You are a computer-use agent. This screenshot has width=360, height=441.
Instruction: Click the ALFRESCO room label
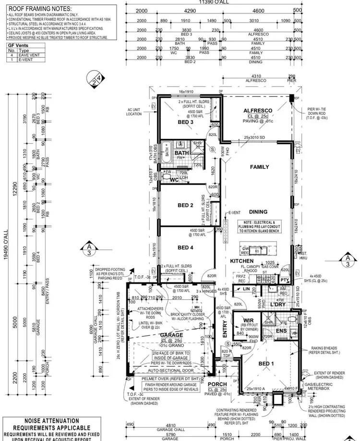click(258, 110)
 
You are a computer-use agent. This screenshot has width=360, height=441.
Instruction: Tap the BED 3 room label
click(185, 123)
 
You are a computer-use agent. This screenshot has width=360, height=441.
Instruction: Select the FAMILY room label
click(259, 167)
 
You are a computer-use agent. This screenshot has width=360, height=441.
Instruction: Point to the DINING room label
click(258, 211)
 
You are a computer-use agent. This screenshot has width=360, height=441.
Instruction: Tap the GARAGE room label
click(170, 335)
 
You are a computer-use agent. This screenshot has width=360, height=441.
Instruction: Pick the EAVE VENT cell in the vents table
click(31, 55)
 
